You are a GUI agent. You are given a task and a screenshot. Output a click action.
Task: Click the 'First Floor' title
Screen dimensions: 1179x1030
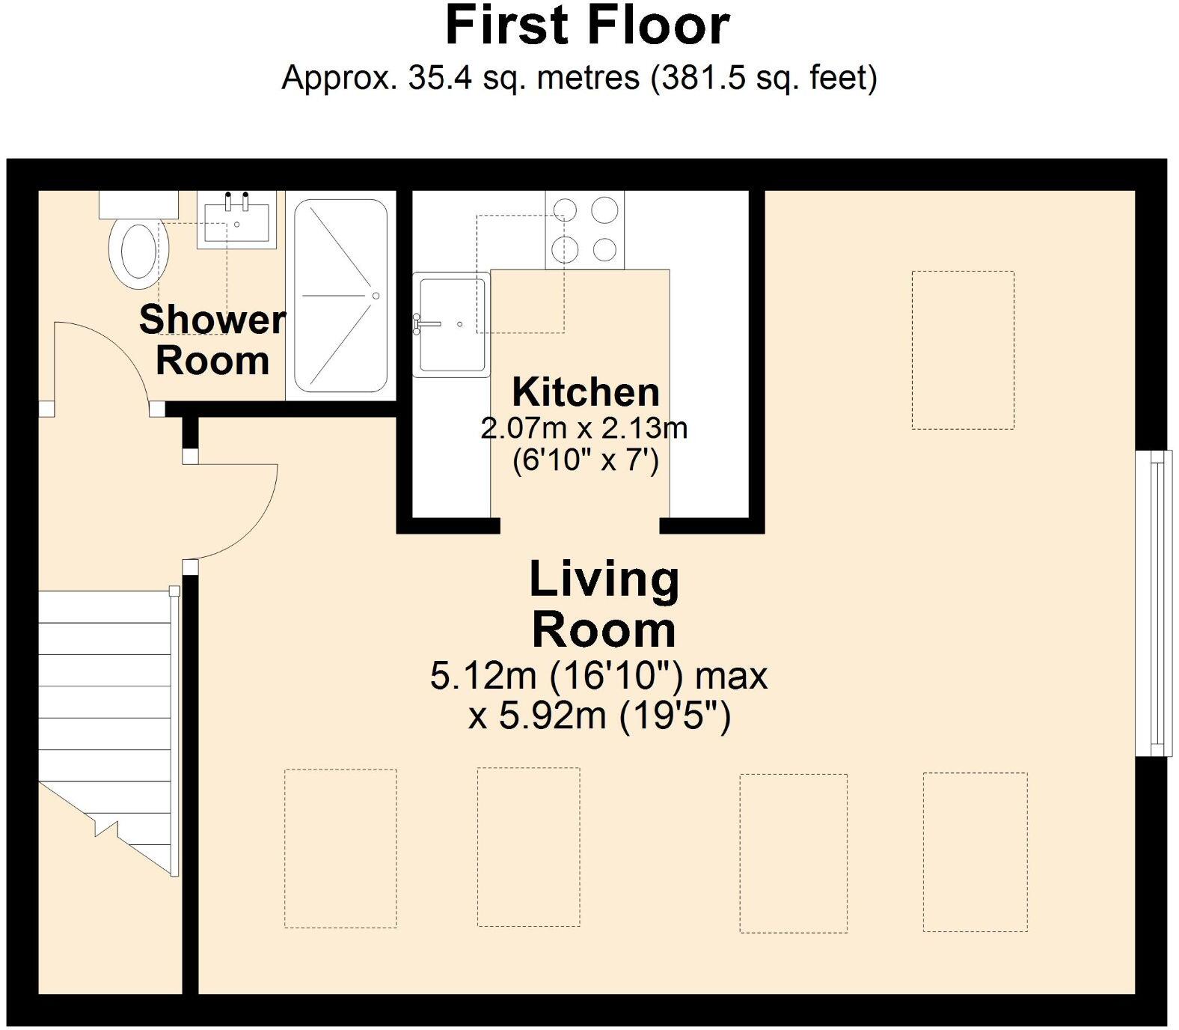[x=587, y=25]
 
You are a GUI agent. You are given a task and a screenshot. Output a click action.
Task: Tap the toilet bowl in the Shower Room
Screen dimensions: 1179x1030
[x=135, y=254]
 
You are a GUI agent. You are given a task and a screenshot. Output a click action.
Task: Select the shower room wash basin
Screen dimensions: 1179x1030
[x=236, y=219]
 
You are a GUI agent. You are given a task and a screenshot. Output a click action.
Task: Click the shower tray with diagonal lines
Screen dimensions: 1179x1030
[x=340, y=295]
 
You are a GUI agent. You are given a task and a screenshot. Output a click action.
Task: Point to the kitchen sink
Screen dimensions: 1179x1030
[x=451, y=324]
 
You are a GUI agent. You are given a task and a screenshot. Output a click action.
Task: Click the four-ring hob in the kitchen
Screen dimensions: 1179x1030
[x=584, y=230]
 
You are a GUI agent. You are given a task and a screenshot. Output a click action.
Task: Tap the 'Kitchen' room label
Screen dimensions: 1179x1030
[x=586, y=391]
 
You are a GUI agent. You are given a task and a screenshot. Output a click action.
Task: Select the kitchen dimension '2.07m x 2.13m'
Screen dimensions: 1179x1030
[x=584, y=428]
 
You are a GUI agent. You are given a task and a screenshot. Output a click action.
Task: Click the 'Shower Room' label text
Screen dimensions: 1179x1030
[x=212, y=340]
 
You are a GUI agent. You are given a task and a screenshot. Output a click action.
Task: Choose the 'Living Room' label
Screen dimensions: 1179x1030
[x=604, y=604]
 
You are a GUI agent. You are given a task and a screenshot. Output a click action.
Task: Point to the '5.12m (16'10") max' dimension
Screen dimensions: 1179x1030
[x=598, y=676]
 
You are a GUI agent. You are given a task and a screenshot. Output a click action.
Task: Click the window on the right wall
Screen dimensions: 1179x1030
[x=1153, y=603]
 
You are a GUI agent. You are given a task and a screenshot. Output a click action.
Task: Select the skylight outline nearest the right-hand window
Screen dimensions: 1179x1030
[x=963, y=350]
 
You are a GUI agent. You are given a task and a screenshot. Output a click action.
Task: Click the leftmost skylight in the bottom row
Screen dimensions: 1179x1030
[x=340, y=848]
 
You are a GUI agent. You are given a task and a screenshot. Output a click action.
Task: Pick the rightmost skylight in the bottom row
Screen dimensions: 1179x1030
[x=975, y=852]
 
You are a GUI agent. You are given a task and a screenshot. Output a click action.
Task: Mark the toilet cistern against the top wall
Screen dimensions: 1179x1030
[x=138, y=204]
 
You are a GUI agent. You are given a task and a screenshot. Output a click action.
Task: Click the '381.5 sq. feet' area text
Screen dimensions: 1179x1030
[x=764, y=77]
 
